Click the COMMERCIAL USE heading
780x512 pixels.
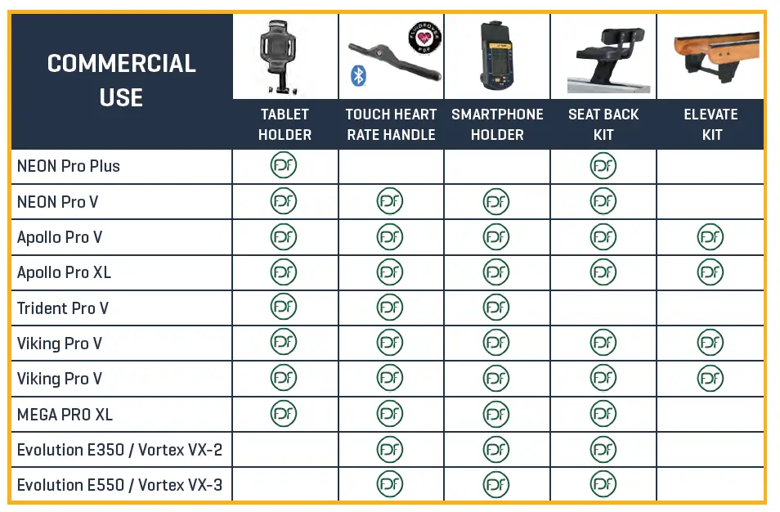(x=121, y=80)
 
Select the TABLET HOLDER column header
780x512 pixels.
(x=285, y=124)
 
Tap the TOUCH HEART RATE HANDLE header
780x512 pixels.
(x=391, y=124)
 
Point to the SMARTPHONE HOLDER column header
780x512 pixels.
(x=497, y=124)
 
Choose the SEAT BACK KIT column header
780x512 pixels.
(x=603, y=124)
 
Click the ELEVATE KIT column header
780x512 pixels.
(x=711, y=124)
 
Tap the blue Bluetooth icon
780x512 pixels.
(x=357, y=76)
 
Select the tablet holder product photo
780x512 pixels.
(x=281, y=56)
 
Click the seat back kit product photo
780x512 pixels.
(x=603, y=57)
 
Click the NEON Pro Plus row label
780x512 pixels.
(x=69, y=166)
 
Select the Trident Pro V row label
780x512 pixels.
(x=63, y=308)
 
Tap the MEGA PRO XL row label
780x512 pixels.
(x=65, y=415)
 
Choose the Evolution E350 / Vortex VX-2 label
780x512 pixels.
(x=119, y=450)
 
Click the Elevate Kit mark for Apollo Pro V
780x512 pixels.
(x=710, y=237)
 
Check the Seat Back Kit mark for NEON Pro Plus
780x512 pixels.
(x=603, y=166)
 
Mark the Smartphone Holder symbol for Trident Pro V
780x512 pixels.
(x=496, y=308)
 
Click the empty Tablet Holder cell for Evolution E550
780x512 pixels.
(x=285, y=485)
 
